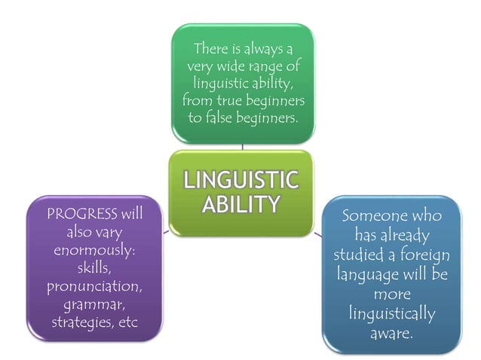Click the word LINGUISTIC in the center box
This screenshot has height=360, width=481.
(x=241, y=182)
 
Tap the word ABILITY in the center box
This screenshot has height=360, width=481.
(x=241, y=204)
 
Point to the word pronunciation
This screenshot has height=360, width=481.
(x=94, y=287)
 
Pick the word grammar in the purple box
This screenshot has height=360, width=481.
(x=94, y=305)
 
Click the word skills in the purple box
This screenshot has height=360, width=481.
(x=95, y=268)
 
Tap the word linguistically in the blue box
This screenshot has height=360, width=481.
(x=392, y=313)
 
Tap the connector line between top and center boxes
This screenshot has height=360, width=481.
(x=241, y=146)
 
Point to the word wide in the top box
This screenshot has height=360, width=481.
(x=223, y=66)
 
